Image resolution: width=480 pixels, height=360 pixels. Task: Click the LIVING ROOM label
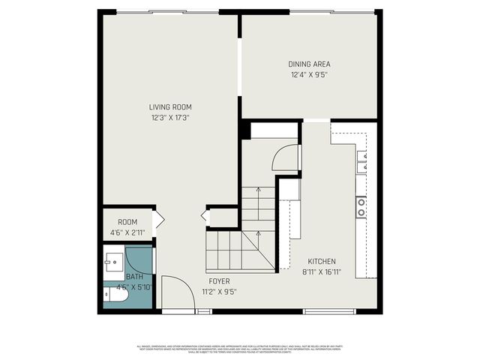pos(170,107)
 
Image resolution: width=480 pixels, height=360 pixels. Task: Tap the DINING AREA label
pos(310,64)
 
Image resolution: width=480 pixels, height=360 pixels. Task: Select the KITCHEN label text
pos(322,262)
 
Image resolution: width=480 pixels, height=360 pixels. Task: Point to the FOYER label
pos(220,281)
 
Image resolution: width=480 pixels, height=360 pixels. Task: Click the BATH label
pos(134,277)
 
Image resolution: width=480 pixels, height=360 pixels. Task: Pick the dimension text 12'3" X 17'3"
pos(170,118)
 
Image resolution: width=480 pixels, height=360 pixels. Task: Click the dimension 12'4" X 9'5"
pos(310,74)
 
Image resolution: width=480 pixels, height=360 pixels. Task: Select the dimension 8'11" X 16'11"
pos(322,272)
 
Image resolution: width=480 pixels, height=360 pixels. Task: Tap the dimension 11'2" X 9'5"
pos(220,292)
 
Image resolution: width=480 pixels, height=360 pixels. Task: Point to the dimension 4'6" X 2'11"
pos(127,232)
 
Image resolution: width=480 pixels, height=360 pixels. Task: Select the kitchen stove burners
pos(361,206)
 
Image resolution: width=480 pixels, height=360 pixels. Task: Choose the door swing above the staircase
pos(285,158)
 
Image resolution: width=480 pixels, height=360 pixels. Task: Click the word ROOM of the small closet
pos(127,222)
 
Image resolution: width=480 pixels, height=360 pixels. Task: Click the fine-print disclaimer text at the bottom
pos(239,349)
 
